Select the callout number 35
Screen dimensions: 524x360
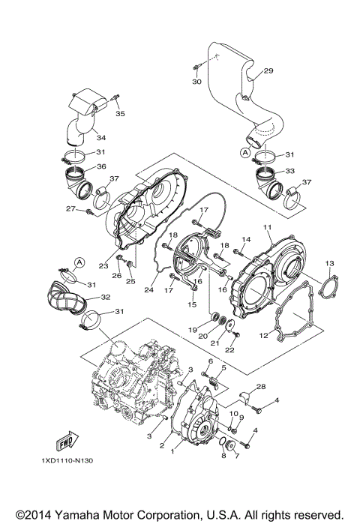[x=120, y=114]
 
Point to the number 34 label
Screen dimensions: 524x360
[x=100, y=137]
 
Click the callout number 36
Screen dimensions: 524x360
[x=101, y=166]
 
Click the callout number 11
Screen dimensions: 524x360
[x=266, y=227]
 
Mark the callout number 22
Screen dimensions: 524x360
[x=230, y=350]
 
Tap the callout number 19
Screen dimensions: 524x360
[x=193, y=330]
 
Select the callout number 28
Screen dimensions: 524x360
[x=262, y=386]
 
